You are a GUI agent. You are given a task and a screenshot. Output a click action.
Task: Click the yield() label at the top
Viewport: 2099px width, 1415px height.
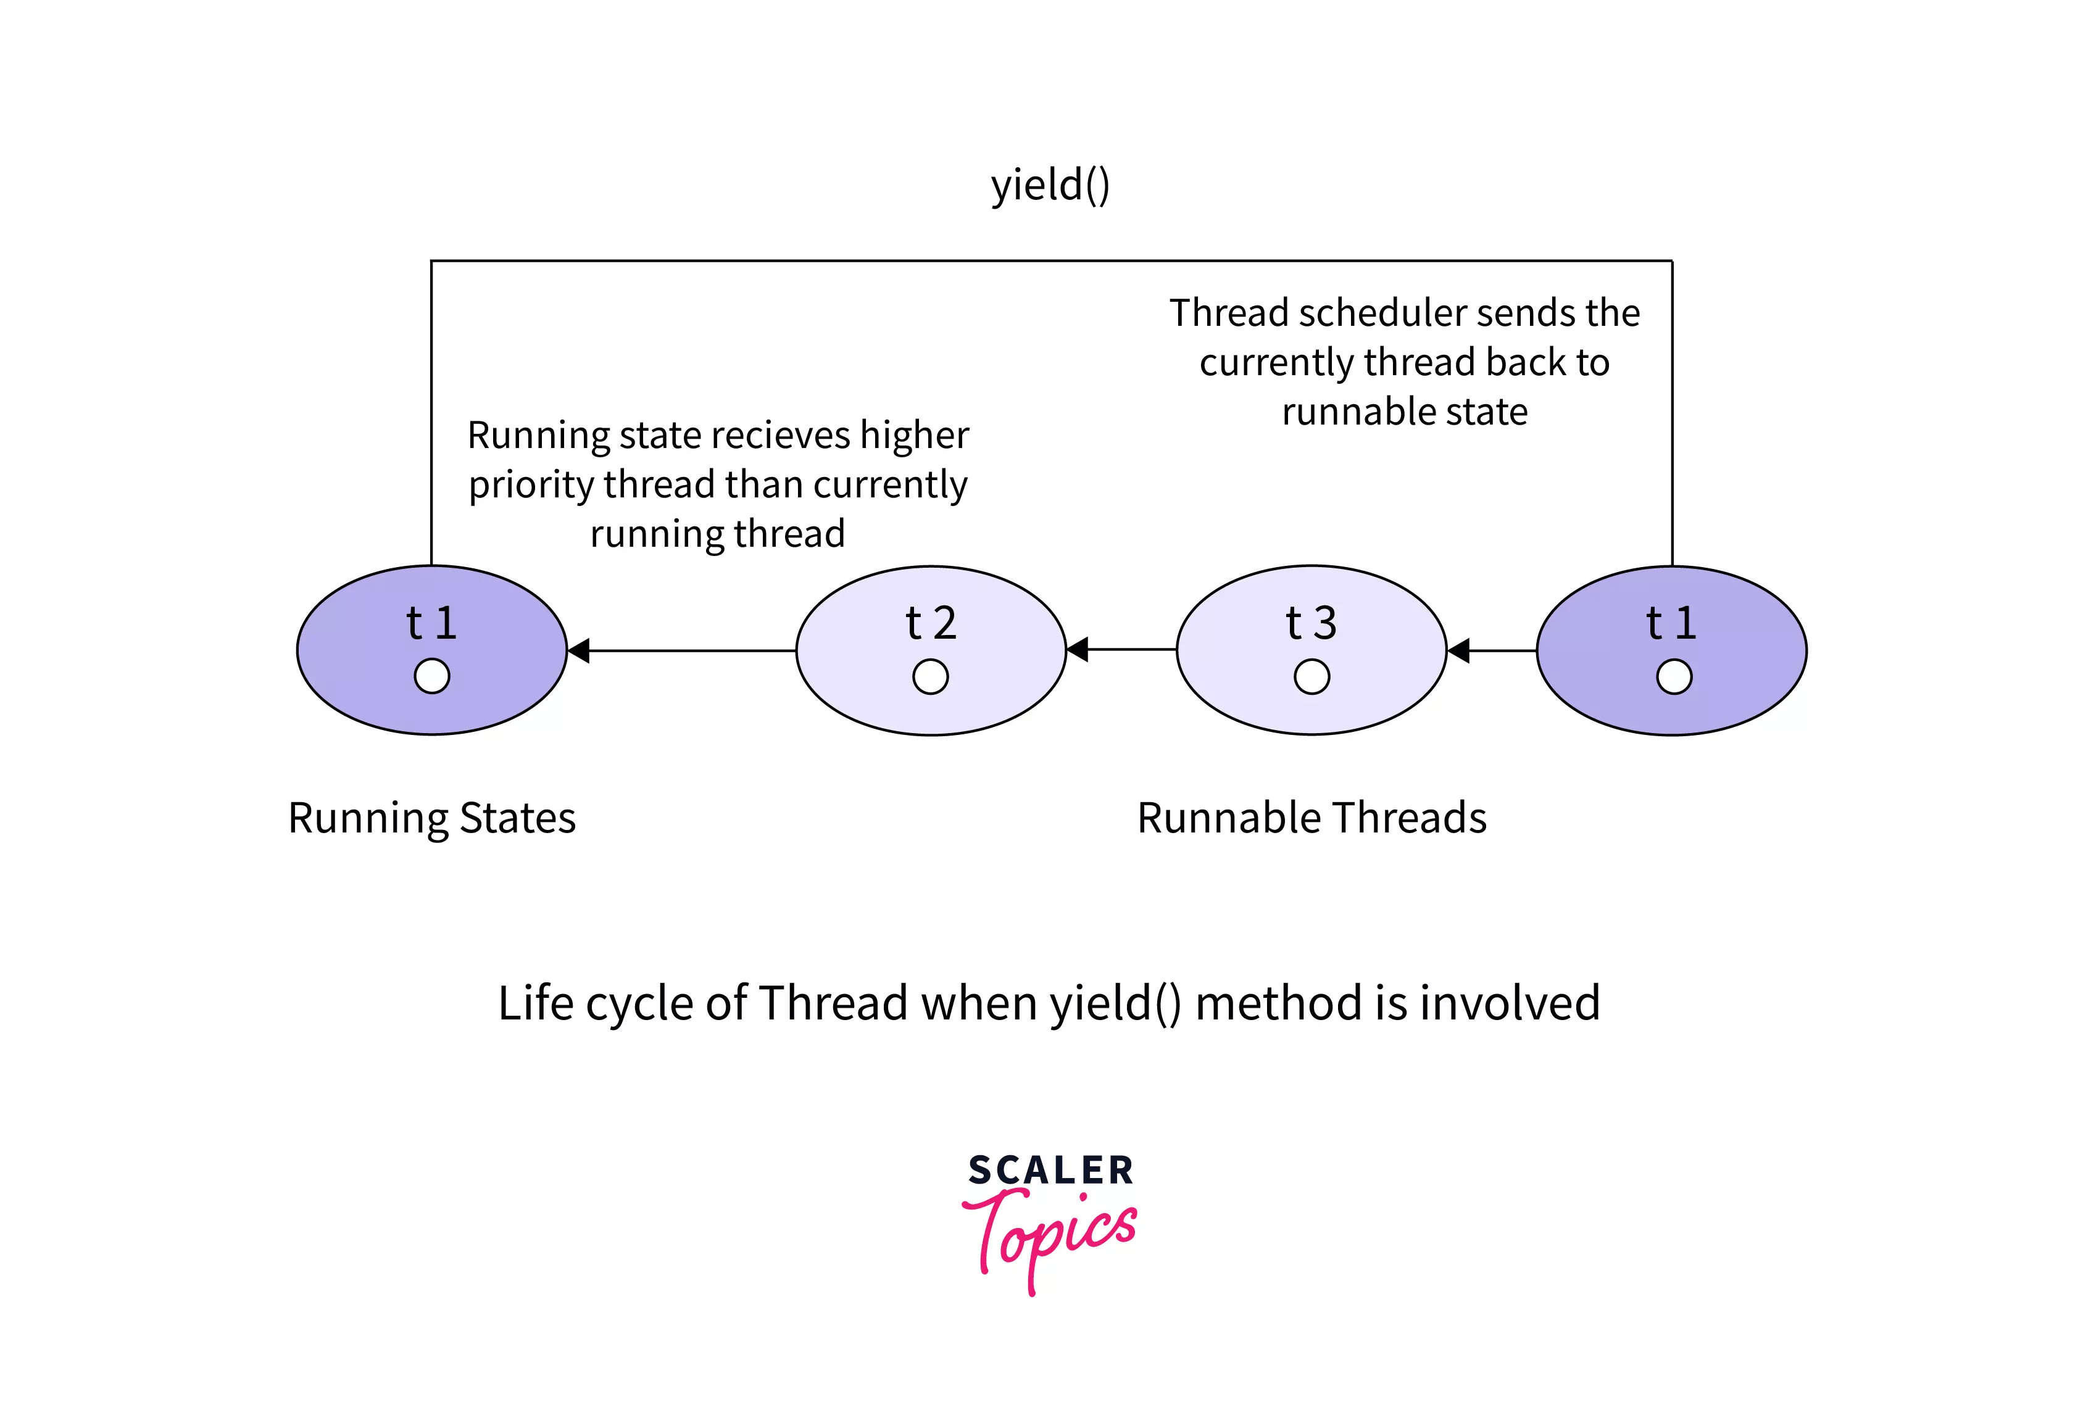click(1049, 185)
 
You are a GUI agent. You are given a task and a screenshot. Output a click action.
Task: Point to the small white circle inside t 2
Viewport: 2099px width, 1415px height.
click(930, 676)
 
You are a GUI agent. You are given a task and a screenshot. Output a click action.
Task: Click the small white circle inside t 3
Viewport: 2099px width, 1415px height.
click(1311, 676)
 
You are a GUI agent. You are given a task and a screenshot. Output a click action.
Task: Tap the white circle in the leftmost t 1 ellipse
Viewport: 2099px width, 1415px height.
click(431, 676)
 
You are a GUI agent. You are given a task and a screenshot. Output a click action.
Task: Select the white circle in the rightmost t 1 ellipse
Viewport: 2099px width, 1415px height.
click(1674, 676)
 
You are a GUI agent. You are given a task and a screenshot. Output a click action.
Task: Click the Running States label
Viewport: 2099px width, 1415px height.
click(431, 818)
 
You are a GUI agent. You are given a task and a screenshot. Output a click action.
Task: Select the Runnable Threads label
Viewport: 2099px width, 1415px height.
click(1311, 818)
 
